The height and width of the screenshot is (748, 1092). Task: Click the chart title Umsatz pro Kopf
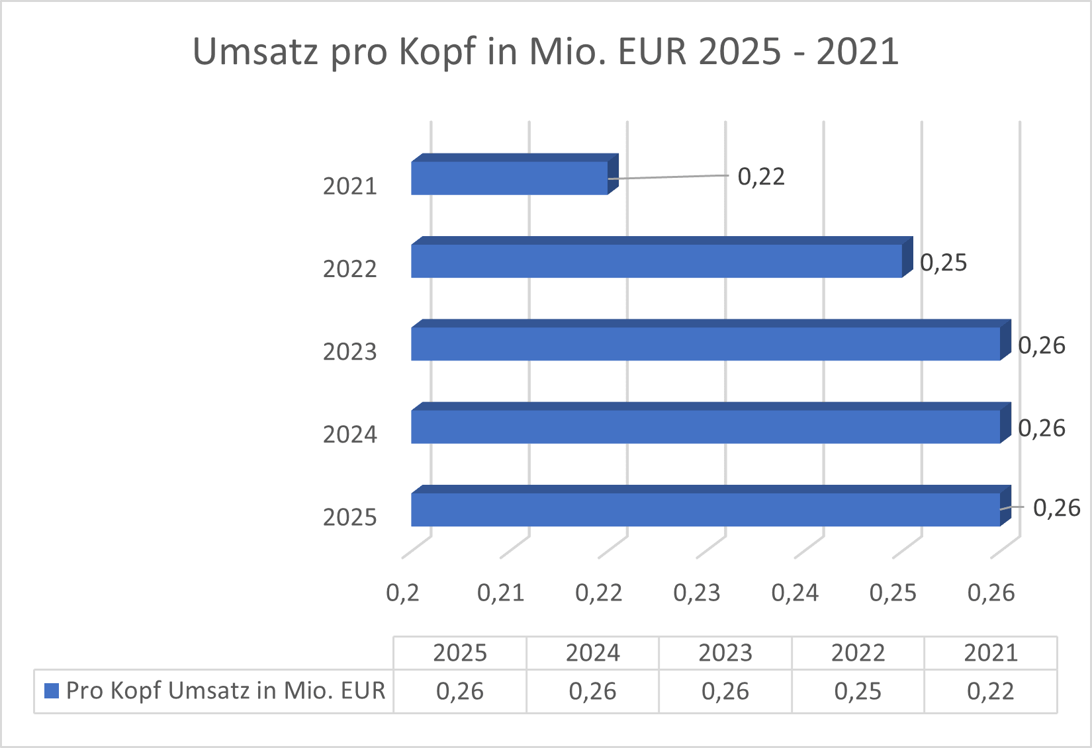click(x=545, y=52)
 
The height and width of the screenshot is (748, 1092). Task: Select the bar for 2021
click(x=510, y=178)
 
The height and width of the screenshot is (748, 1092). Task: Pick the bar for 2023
click(x=705, y=343)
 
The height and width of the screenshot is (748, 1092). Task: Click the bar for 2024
click(x=705, y=427)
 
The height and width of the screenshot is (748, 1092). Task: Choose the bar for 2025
click(x=705, y=509)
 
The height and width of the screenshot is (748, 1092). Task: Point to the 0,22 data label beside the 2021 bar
click(x=761, y=177)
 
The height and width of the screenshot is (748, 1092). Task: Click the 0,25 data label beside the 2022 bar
click(x=943, y=263)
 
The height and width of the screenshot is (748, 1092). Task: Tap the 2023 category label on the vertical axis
click(x=349, y=352)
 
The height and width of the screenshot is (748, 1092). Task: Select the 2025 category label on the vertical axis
click(x=349, y=517)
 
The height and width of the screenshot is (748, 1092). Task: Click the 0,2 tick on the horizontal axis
click(x=402, y=593)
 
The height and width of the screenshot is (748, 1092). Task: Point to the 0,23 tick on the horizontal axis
click(x=696, y=593)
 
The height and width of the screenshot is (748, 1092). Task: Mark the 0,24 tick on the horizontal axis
click(x=794, y=593)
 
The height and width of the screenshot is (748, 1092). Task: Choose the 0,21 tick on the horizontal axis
click(x=500, y=593)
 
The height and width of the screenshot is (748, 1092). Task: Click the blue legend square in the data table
click(x=52, y=690)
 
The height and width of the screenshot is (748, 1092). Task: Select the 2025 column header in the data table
click(x=460, y=653)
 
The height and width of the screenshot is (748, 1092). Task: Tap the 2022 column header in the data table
click(x=858, y=653)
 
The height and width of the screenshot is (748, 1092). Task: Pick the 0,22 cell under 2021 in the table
click(x=990, y=691)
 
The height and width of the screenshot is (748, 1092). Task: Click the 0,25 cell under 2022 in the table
click(x=858, y=691)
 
